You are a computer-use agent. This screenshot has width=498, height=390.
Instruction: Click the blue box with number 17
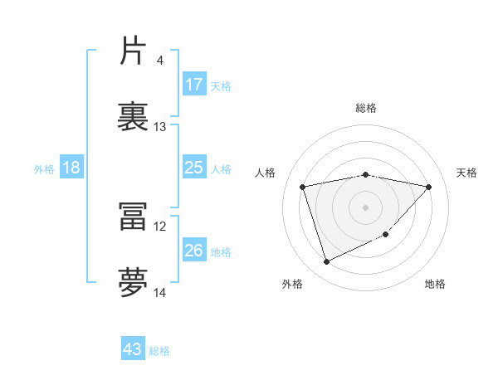(194, 85)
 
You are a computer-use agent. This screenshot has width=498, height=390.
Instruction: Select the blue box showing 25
(194, 168)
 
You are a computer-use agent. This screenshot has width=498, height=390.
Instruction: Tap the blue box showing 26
(194, 251)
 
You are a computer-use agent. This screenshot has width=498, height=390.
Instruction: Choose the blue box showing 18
(71, 168)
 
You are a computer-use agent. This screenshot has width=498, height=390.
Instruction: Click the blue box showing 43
(133, 349)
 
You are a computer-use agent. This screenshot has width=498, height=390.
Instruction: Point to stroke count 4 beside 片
(159, 61)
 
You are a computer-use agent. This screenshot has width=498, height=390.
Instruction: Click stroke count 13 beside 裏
(159, 127)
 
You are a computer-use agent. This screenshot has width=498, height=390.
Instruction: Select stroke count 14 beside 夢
(159, 293)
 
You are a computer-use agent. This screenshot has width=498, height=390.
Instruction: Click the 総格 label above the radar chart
(365, 108)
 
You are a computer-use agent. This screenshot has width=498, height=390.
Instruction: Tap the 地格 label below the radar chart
(435, 284)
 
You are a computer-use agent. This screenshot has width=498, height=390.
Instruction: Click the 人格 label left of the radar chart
(266, 173)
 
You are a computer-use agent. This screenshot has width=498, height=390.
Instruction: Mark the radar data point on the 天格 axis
(429, 187)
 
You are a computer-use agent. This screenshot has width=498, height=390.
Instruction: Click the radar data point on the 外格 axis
(326, 262)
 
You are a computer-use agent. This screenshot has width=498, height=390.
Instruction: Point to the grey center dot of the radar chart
(365, 207)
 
